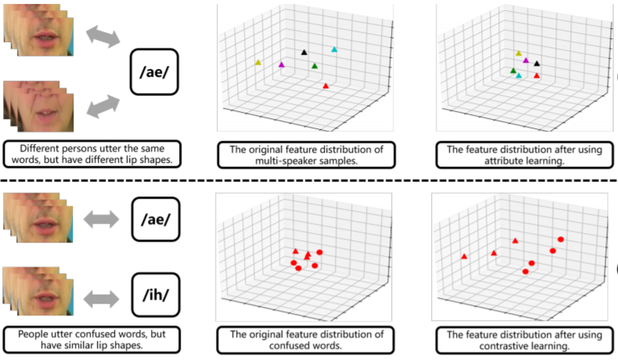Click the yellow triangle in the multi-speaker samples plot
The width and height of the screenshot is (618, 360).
click(258, 63)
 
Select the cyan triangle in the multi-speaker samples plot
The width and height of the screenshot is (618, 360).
click(334, 49)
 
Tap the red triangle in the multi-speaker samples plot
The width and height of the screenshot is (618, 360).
click(325, 85)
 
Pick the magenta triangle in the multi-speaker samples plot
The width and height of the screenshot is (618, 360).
click(282, 64)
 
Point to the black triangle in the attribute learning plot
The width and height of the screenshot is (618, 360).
click(537, 63)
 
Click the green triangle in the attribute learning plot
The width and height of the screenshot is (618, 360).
click(513, 70)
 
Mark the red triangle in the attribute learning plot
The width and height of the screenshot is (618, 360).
click(537, 75)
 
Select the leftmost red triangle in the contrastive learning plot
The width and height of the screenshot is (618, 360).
click(465, 256)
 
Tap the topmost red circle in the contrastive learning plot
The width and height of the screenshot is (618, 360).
click(560, 239)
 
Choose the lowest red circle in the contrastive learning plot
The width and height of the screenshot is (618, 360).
click(526, 272)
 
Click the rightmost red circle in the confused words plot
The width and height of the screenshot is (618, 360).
click(320, 252)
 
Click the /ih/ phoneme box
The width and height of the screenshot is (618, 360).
click(156, 295)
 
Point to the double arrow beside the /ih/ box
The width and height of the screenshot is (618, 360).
click(101, 298)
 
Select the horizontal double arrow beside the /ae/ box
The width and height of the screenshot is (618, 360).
click(101, 219)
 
